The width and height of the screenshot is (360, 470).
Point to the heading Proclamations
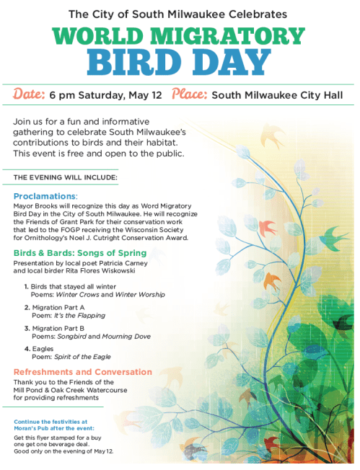pos(44,196)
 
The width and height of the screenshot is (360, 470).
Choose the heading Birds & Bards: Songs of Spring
pos(79,253)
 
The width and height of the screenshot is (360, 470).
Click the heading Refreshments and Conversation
pos(82,372)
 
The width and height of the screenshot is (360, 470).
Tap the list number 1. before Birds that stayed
pos(26,287)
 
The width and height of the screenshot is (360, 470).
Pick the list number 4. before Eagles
pos(26,349)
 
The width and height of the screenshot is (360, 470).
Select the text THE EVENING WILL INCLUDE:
pos(56,177)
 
